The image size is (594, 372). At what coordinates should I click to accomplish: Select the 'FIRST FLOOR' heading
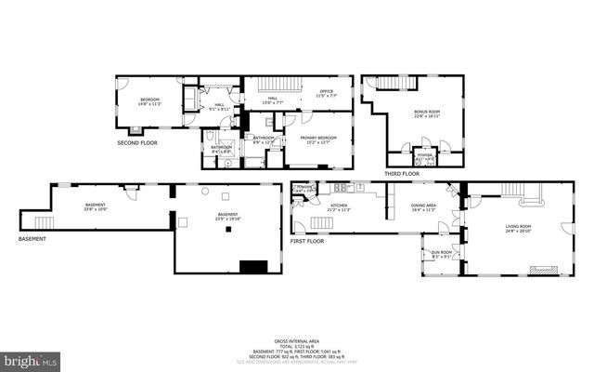(x=308, y=241)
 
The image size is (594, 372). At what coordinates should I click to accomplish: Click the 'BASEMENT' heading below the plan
(x=32, y=239)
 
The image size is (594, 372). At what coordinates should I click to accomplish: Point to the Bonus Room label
(x=427, y=114)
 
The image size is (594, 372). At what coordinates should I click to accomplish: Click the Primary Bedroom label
(x=317, y=139)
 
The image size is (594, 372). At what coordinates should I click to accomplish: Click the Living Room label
(x=518, y=228)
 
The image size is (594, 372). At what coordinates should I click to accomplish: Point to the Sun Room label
(x=441, y=254)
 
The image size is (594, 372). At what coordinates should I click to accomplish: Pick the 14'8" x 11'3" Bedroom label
(x=150, y=101)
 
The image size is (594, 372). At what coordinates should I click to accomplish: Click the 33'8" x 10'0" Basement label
(x=96, y=206)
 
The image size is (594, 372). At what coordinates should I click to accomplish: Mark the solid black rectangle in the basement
(x=252, y=266)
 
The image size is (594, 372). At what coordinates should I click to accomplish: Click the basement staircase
(x=43, y=222)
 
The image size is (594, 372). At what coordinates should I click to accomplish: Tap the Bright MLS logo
(x=31, y=359)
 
